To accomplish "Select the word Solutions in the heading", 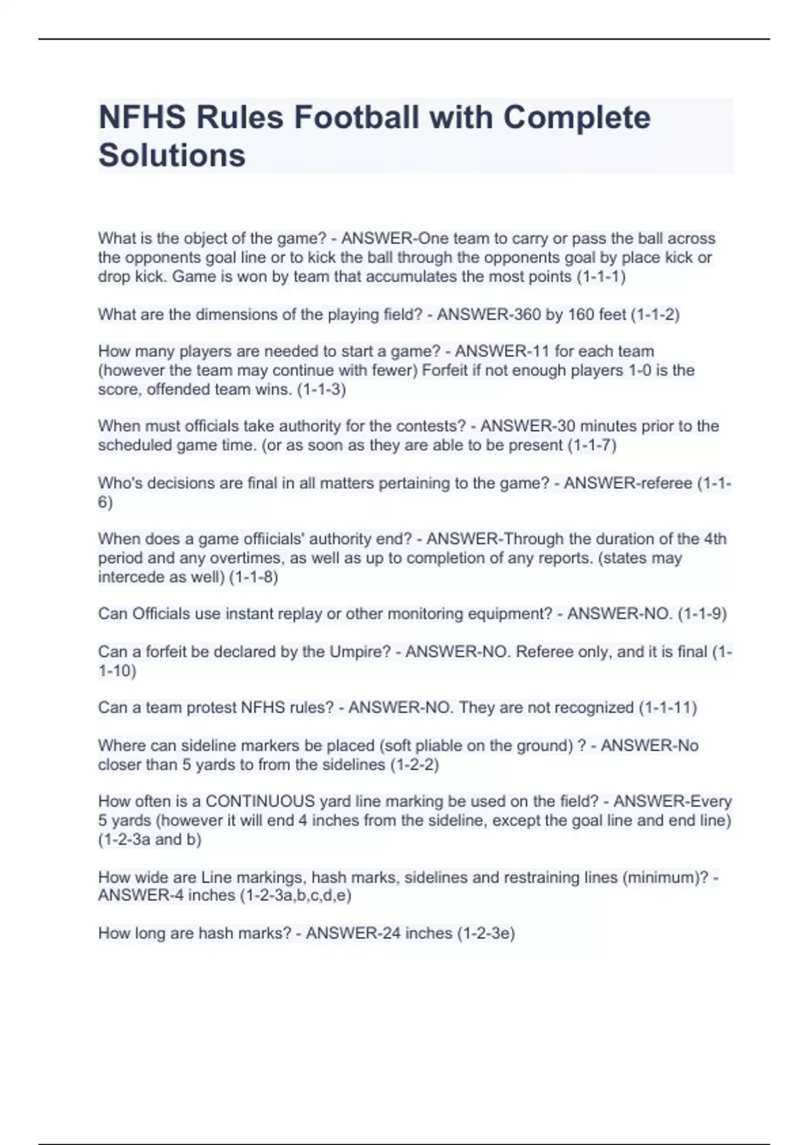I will pyautogui.click(x=172, y=155).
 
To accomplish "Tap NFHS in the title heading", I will pyautogui.click(x=142, y=117).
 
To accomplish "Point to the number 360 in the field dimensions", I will pyautogui.click(x=527, y=315).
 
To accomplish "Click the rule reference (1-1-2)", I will pyautogui.click(x=655, y=315).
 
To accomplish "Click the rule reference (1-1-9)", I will pyautogui.click(x=702, y=614).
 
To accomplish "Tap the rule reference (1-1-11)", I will pyautogui.click(x=667, y=708).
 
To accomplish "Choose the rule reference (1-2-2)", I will pyautogui.click(x=414, y=765).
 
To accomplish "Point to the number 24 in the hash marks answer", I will pyautogui.click(x=392, y=934).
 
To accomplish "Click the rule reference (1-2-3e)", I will pyautogui.click(x=485, y=934).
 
